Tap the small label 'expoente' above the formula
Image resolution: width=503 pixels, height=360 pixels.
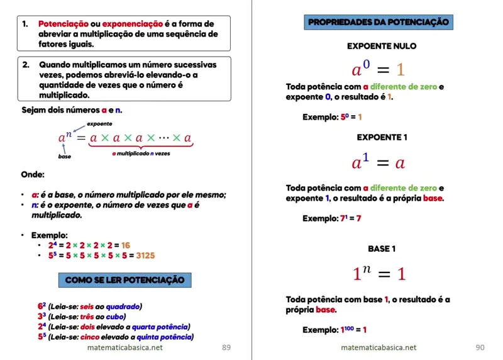99,124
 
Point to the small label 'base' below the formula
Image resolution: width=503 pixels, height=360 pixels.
65,156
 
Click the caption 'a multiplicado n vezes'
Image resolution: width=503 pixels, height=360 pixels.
140,153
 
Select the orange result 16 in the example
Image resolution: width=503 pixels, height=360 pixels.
126,245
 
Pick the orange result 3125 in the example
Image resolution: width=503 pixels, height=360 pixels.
145,256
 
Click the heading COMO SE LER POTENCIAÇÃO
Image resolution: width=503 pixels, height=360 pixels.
124,279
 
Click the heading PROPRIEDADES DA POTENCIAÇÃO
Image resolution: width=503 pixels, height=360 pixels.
379,23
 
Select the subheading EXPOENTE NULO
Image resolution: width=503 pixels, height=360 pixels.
382,46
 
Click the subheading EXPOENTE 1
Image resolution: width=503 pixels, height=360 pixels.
382,137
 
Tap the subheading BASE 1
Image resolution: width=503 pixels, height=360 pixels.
382,249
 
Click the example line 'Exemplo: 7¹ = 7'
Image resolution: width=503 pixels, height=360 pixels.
332,218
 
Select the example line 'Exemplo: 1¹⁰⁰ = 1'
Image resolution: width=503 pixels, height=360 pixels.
334,330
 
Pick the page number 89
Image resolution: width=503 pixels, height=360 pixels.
226,347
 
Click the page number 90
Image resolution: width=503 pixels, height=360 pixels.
480,347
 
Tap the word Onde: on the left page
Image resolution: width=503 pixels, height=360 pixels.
33,174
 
